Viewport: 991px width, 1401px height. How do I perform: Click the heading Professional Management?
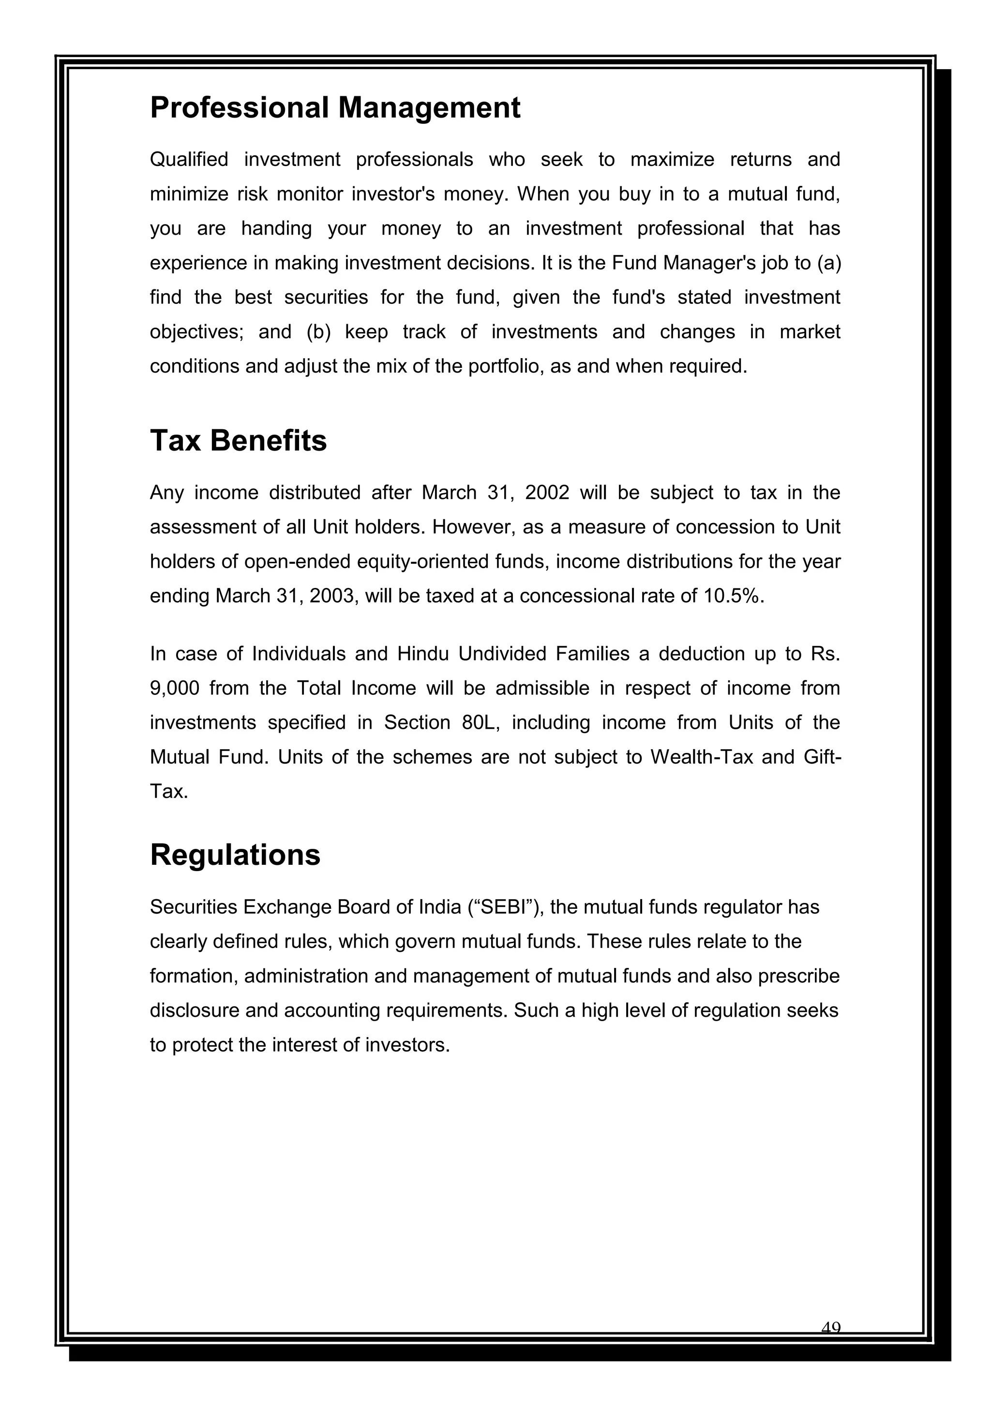point(335,108)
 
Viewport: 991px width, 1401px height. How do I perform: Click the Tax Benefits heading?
point(238,440)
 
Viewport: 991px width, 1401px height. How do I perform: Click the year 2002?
point(547,493)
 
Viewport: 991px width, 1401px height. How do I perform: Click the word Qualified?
point(189,159)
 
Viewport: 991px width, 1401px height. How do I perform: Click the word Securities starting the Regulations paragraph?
point(194,907)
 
